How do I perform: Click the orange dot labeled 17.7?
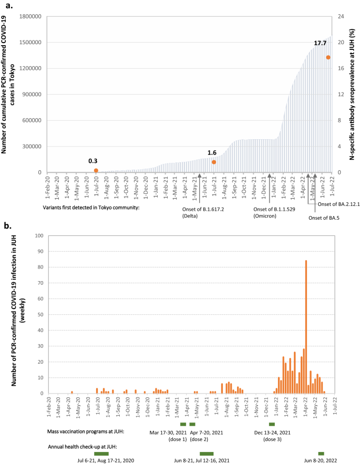coord(328,57)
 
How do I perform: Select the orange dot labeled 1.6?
coord(214,162)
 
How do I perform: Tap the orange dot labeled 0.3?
coord(96,170)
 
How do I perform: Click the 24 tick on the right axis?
coord(341,16)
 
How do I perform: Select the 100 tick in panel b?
coord(37,236)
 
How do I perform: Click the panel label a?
coord(8,6)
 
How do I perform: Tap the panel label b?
coord(8,226)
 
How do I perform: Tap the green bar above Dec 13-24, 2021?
coord(272,424)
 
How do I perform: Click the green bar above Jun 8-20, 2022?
coord(321,453)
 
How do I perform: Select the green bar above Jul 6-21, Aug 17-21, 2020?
coord(101,453)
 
